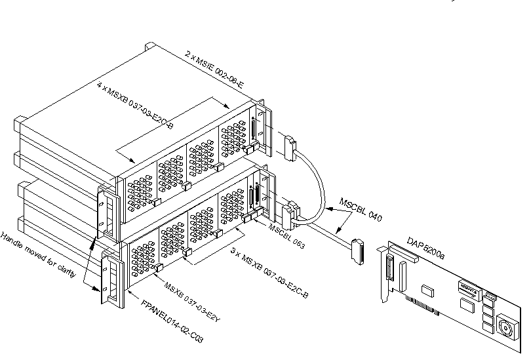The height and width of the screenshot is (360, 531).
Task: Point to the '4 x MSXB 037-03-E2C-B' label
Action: (x=134, y=104)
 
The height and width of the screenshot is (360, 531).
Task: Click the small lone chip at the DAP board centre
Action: (x=427, y=288)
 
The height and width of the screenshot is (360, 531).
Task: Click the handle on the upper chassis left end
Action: (x=106, y=210)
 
